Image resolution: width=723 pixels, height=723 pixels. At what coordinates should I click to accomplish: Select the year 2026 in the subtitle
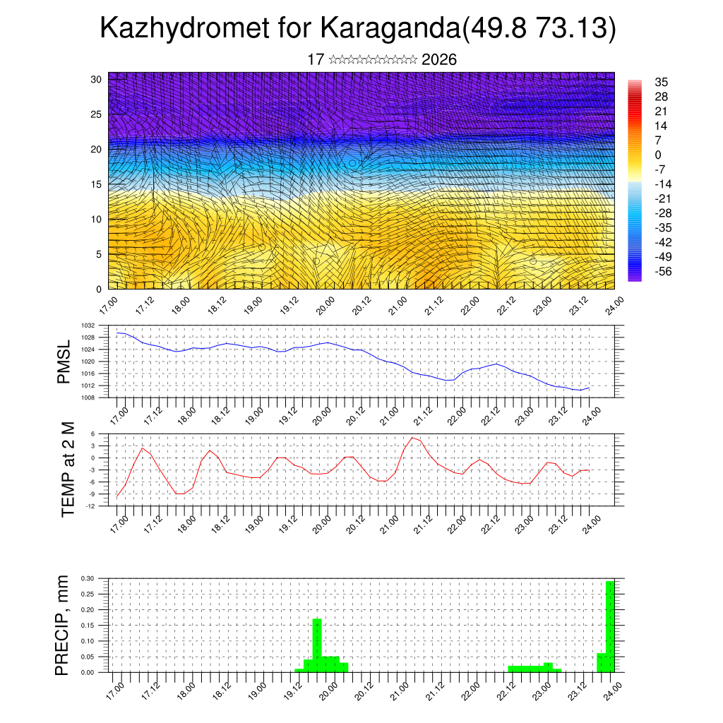pos(438,60)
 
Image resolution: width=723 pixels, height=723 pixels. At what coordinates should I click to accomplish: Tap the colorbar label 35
pos(662,82)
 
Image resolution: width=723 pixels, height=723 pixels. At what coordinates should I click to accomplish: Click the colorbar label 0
pos(658,155)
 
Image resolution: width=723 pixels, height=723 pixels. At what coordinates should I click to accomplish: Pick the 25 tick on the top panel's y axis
pos(97,114)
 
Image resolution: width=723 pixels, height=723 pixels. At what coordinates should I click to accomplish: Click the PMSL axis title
pos(64,361)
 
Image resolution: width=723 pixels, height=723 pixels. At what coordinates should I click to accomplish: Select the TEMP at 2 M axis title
pos(68,470)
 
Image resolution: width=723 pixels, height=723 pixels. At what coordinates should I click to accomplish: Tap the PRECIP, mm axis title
pos(63,625)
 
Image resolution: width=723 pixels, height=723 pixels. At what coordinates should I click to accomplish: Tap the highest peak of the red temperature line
pos(413,438)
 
